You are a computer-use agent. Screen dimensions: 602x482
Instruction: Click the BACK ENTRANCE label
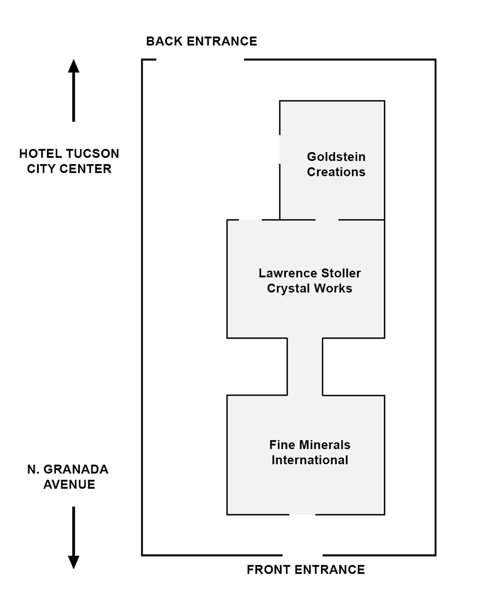pos(201,41)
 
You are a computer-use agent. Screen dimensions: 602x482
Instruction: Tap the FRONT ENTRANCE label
pos(305,569)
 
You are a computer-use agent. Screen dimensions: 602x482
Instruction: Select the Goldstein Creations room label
pos(336,164)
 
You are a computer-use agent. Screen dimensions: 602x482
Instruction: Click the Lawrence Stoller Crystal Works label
pos(309,280)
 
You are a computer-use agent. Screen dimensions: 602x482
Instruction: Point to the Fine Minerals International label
pos(309,452)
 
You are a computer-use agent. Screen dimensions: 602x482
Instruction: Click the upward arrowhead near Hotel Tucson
pos(74,66)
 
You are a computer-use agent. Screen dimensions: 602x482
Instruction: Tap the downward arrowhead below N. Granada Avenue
pos(74,562)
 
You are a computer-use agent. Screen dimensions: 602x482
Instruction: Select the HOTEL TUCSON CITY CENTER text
pos(69,161)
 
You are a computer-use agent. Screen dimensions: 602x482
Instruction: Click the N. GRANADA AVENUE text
pos(68,477)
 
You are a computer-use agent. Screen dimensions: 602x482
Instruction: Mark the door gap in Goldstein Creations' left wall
pos(280,149)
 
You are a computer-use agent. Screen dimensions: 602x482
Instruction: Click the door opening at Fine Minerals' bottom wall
pos(302,514)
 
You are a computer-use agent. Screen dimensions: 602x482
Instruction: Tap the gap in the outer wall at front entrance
pos(302,555)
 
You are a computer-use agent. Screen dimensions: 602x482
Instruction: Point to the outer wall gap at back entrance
pos(200,60)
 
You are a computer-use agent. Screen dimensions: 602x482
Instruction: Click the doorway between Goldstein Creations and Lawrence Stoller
pos(327,220)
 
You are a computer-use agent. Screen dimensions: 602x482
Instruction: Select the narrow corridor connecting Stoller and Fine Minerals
pos(305,366)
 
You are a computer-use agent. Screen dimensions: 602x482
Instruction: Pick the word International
pos(309,460)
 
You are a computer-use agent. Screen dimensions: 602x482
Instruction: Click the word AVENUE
pos(69,485)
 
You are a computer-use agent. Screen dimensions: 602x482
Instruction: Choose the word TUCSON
pos(95,154)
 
